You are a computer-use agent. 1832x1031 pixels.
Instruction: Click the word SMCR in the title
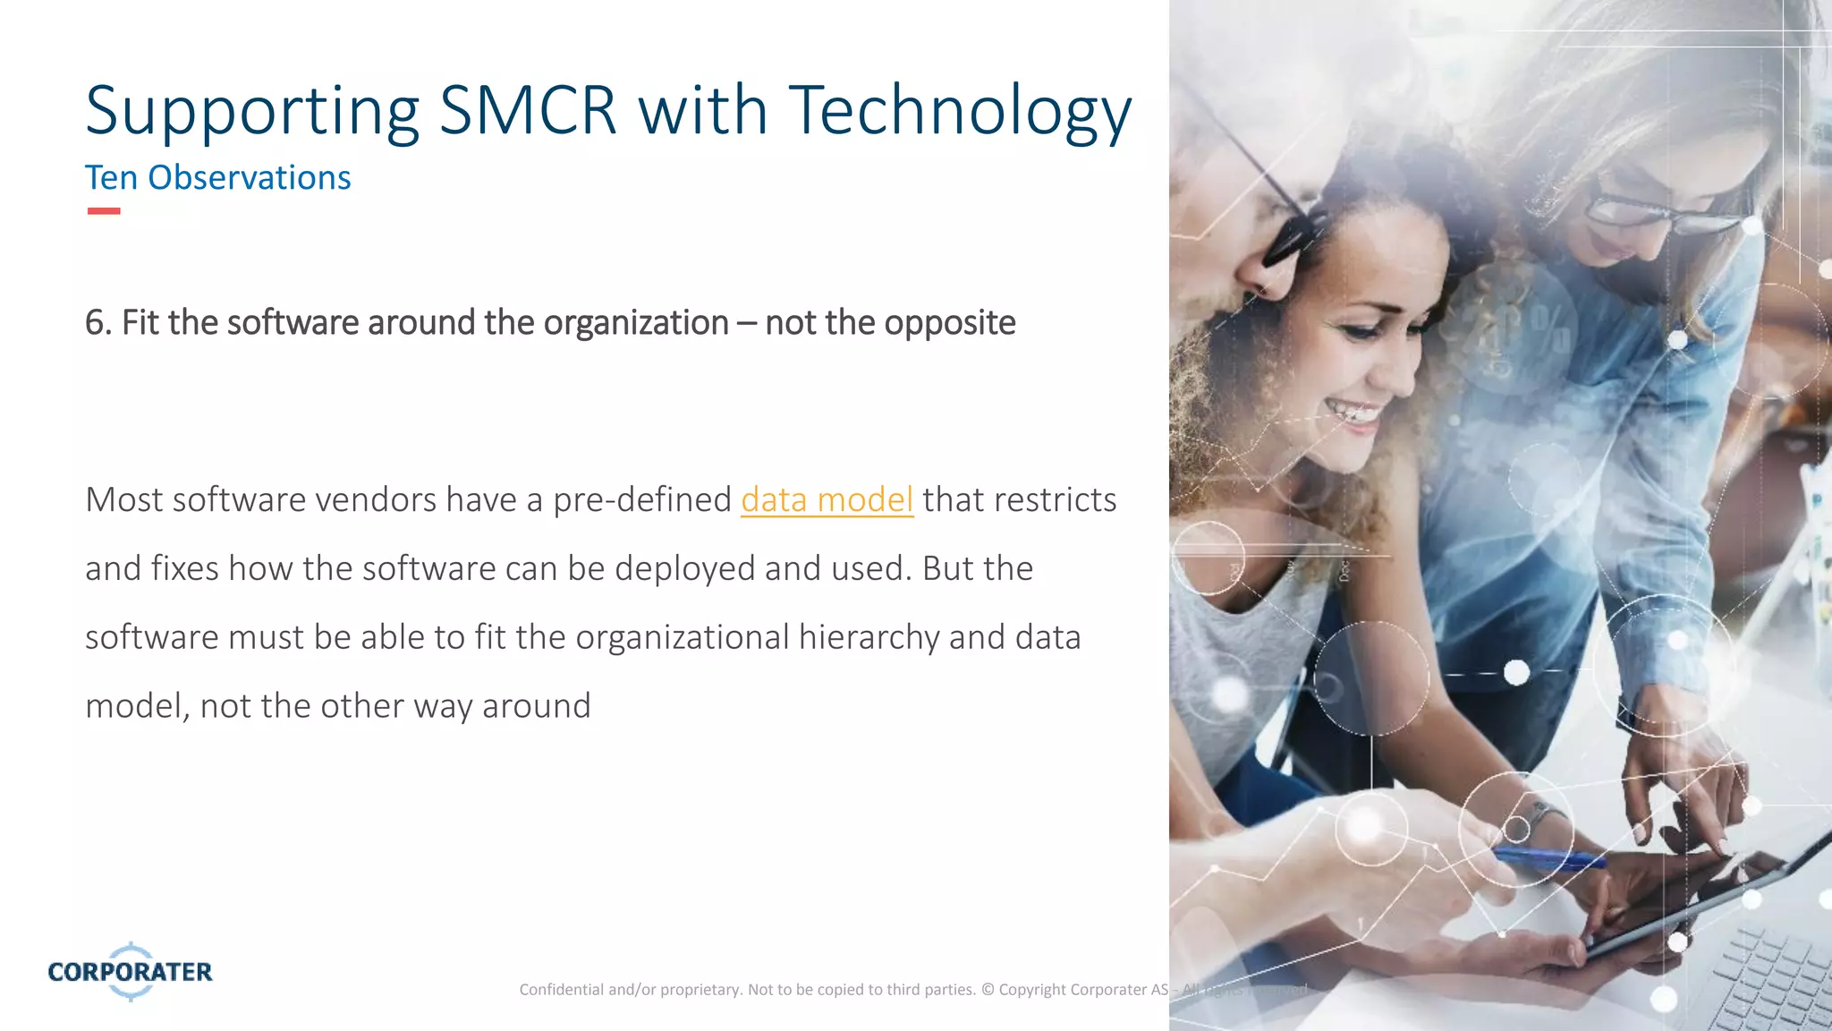click(x=528, y=111)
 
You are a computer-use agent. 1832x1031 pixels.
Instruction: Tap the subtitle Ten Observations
click(x=217, y=178)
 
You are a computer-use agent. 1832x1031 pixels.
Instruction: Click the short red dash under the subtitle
click(x=104, y=211)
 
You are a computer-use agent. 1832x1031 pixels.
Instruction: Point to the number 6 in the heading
click(x=94, y=323)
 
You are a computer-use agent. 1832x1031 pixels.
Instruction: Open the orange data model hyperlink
click(x=827, y=499)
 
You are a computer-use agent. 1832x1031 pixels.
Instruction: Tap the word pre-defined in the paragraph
click(x=641, y=499)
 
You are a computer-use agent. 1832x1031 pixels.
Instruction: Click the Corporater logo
click(x=131, y=971)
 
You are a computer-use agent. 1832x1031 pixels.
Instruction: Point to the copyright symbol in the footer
click(x=988, y=989)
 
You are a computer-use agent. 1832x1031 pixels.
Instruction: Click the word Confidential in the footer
click(x=561, y=989)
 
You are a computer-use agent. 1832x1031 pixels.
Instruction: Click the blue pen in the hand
click(x=1548, y=859)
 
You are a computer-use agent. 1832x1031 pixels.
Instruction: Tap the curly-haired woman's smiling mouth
click(x=1353, y=413)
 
